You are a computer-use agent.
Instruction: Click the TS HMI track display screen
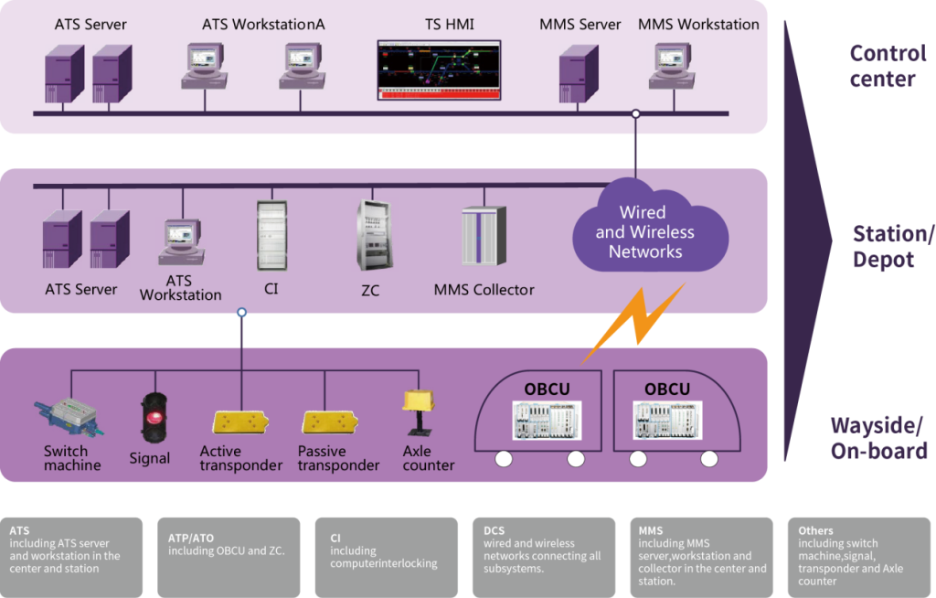tap(439, 69)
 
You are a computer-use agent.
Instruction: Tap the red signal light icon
tap(154, 418)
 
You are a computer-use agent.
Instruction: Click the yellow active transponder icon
tap(240, 422)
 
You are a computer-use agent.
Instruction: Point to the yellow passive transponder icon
tap(330, 422)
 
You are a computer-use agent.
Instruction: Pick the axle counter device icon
tap(419, 412)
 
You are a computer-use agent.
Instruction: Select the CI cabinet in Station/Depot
tap(271, 236)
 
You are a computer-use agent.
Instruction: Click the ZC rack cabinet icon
tap(373, 236)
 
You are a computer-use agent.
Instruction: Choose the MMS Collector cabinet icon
tap(484, 235)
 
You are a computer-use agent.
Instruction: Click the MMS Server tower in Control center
tap(579, 74)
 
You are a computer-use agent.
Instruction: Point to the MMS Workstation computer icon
tap(672, 67)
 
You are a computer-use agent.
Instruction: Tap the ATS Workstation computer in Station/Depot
tap(182, 242)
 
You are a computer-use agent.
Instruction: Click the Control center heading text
tap(888, 66)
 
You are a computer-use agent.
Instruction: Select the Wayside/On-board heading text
tap(878, 438)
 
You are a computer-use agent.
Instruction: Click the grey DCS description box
tap(544, 558)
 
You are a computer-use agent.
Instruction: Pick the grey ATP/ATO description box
tap(229, 558)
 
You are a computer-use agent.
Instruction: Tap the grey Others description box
tap(859, 558)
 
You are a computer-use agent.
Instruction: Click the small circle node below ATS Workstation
tap(241, 313)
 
